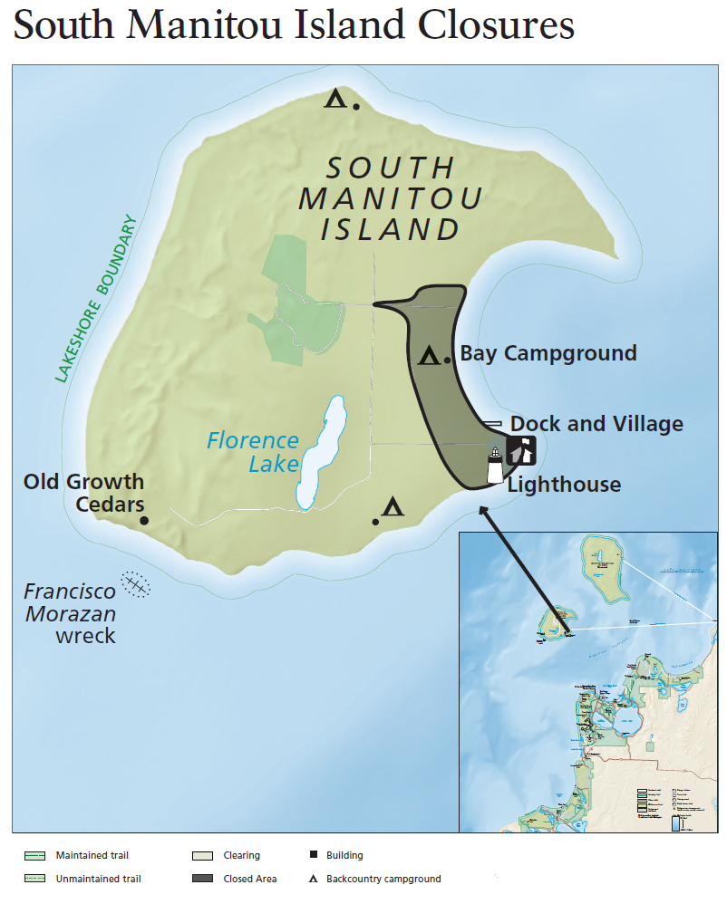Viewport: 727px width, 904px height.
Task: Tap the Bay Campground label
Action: coord(548,353)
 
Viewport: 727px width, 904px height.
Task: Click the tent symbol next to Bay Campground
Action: coord(429,356)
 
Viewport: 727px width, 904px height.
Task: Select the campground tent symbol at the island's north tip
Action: coord(336,98)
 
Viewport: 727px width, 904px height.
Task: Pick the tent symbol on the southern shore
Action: coord(393,506)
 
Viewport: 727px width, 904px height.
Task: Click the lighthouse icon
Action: coord(495,466)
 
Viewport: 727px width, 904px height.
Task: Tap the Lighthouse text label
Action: coord(564,485)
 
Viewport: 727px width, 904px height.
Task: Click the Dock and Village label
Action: coord(596,423)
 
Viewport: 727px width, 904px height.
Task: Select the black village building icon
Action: coord(521,449)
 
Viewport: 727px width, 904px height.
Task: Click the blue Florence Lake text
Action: coord(253,451)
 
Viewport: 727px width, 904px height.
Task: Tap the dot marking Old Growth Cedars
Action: coord(143,521)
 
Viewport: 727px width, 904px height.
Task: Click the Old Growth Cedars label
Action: coord(83,492)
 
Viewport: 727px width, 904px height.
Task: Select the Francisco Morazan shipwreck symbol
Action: coord(136,584)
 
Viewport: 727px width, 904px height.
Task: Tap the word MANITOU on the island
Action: coord(390,197)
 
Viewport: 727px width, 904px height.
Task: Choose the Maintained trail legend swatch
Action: coord(34,855)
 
